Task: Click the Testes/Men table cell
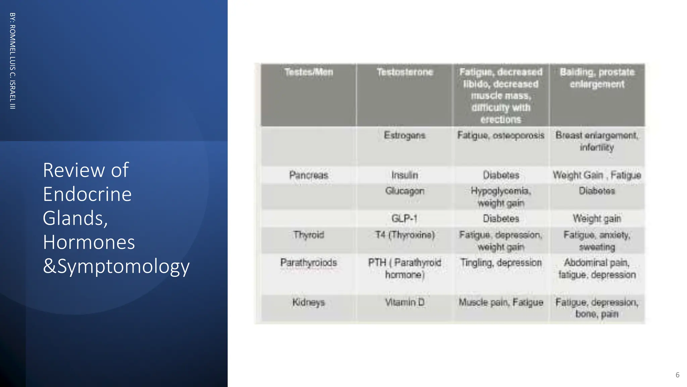(x=309, y=72)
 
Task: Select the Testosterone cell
(x=405, y=72)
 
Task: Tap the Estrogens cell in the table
(x=405, y=135)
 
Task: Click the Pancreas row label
(x=309, y=175)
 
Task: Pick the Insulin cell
(x=405, y=175)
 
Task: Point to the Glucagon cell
(x=405, y=191)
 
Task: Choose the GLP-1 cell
(x=405, y=219)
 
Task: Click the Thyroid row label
(x=309, y=235)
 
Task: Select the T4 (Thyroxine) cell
(x=405, y=235)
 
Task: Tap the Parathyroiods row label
(x=309, y=263)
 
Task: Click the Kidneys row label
(x=309, y=302)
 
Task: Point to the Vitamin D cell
(x=405, y=302)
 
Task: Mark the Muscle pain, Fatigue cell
(x=501, y=302)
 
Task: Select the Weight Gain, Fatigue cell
(x=597, y=175)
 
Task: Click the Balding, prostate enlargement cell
(x=597, y=78)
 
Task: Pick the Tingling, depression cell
(x=501, y=263)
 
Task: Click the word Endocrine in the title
(x=87, y=194)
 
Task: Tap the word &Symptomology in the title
(x=116, y=266)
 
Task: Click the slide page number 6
(x=677, y=375)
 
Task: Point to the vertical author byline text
(x=12, y=61)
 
